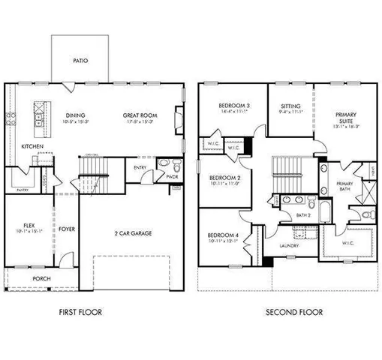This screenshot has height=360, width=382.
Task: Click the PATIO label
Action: [x=81, y=61]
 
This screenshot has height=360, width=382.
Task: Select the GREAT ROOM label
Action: [x=140, y=115]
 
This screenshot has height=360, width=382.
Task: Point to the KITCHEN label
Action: [x=32, y=146]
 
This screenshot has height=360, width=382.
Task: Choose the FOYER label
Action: [x=67, y=230]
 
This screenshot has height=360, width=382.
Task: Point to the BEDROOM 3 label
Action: [x=234, y=105]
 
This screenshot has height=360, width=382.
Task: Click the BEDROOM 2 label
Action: [x=224, y=178]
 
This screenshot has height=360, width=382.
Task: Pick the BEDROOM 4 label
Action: [x=224, y=237]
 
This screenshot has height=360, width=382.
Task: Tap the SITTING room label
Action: [x=290, y=106]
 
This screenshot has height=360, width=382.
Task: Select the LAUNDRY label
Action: [x=289, y=246]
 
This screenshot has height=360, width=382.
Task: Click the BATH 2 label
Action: [x=302, y=215]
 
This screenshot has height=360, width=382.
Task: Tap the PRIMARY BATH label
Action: [x=344, y=186]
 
